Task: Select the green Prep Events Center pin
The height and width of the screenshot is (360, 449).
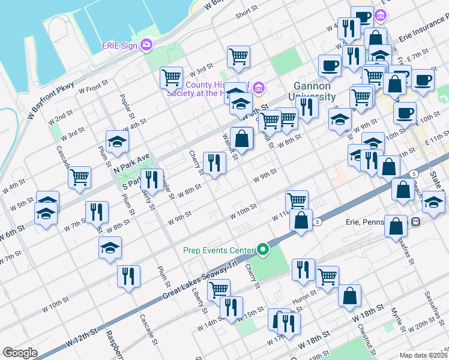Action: click(x=262, y=249)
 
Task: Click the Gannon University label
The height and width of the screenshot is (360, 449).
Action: click(x=315, y=91)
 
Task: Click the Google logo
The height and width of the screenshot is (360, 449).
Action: click(x=20, y=353)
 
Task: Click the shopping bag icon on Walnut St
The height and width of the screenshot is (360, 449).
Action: click(x=241, y=139)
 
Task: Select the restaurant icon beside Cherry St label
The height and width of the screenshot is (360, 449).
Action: click(x=214, y=161)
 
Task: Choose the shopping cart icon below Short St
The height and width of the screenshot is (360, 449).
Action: click(x=238, y=57)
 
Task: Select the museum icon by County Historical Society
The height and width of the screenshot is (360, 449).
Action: click(x=258, y=88)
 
